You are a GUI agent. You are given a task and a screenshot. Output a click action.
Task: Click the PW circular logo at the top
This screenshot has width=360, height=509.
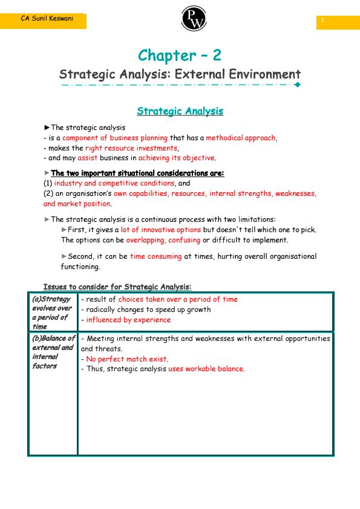click(x=194, y=18)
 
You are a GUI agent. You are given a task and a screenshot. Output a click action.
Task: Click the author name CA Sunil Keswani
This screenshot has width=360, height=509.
click(x=47, y=19)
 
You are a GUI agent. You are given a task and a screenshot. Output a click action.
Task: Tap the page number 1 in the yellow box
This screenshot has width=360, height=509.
click(x=323, y=21)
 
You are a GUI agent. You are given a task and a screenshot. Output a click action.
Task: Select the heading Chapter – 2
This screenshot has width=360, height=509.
click(x=180, y=56)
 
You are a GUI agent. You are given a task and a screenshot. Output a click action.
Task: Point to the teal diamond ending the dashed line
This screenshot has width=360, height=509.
click(x=297, y=85)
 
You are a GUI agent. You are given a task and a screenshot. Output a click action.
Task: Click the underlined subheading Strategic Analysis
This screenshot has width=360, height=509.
click(x=180, y=111)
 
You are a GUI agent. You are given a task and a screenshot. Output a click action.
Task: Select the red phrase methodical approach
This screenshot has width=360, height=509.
click(x=241, y=138)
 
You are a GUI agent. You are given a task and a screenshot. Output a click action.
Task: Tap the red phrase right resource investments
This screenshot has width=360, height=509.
click(x=132, y=148)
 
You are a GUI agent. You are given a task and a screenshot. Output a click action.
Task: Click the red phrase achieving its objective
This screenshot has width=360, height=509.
click(x=176, y=158)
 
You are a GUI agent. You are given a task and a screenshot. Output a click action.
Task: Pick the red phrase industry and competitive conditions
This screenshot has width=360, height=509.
click(x=114, y=183)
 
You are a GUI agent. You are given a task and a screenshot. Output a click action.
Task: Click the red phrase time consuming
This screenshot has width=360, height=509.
click(x=155, y=256)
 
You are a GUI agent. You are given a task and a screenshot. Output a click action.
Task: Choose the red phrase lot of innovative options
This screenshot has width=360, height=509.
click(x=160, y=230)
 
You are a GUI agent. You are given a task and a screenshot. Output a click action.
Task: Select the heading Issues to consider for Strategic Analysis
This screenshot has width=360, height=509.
click(x=117, y=287)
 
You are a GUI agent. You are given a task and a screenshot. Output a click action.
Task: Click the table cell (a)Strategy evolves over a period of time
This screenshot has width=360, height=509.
click(x=53, y=313)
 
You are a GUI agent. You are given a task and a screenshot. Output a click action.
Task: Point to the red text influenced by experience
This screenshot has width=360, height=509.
click(x=128, y=320)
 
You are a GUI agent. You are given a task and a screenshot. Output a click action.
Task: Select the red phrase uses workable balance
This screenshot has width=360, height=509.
click(x=206, y=369)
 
